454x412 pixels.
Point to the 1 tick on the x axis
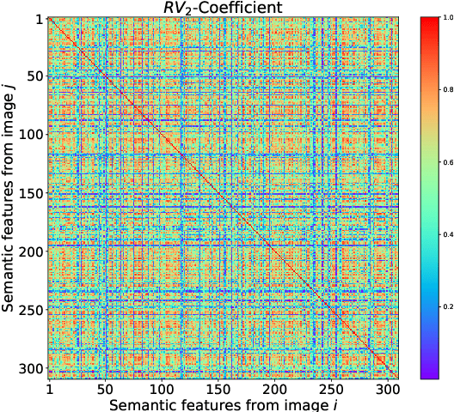point(49,387)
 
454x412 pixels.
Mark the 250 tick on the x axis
point(328,387)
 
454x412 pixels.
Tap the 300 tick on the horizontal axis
point(383,387)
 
